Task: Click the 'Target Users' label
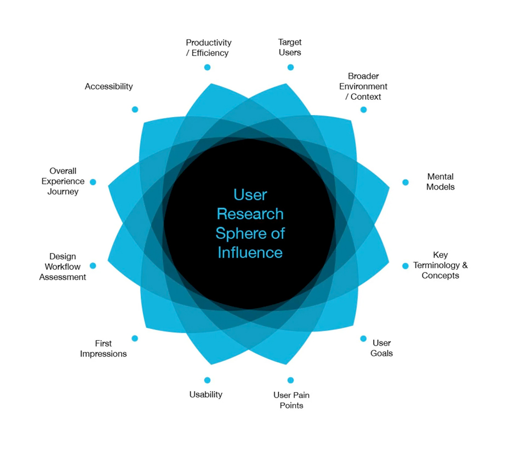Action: click(290, 48)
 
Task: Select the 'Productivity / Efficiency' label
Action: click(208, 48)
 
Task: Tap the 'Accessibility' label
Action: click(108, 87)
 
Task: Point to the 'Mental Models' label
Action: click(440, 182)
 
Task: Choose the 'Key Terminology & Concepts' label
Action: click(440, 265)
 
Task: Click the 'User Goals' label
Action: click(381, 348)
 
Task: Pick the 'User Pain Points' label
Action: click(291, 400)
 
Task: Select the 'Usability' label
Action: click(205, 395)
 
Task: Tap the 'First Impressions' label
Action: click(103, 349)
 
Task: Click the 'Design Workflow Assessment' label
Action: click(62, 267)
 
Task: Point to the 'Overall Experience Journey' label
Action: click(62, 181)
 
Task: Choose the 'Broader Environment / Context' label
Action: click(363, 87)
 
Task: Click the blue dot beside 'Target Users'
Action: click(290, 67)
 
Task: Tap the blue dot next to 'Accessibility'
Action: click(135, 110)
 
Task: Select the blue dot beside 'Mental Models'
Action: click(405, 183)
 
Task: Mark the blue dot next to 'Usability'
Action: click(207, 380)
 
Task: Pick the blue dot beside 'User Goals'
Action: click(363, 339)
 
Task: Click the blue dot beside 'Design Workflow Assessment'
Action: click(93, 266)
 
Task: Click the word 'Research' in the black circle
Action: click(250, 214)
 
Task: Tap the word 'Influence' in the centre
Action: click(250, 252)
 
